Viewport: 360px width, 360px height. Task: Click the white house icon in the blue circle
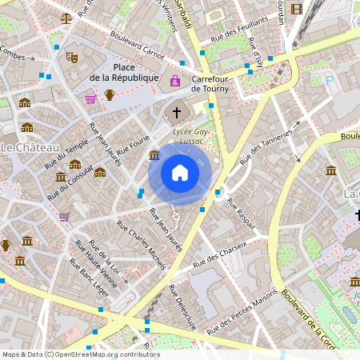[x=180, y=173]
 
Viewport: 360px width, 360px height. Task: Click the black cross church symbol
[x=177, y=113]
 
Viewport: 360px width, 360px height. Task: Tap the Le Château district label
[x=30, y=148]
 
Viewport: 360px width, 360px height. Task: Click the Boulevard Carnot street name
[x=136, y=46]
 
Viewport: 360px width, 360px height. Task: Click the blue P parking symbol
[x=328, y=80]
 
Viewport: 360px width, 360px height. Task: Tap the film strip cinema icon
[x=297, y=10]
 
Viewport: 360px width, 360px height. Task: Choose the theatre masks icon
[x=71, y=58]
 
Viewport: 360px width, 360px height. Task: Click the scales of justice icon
[x=66, y=16]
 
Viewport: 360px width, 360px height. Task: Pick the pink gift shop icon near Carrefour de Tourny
[x=175, y=81]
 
